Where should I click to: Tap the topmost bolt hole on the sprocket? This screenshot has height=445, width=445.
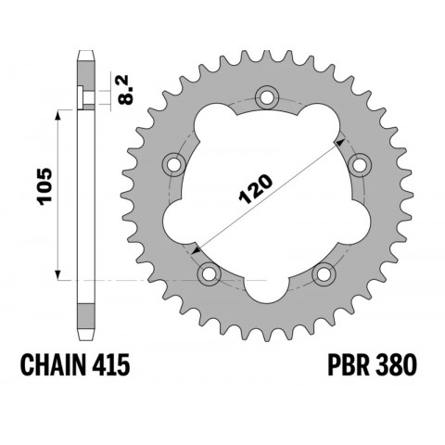tap(267, 96)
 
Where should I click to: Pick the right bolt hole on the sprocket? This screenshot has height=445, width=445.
tap(361, 165)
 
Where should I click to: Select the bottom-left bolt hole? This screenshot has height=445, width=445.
tap(209, 273)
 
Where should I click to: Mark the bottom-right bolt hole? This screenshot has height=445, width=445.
tap(324, 273)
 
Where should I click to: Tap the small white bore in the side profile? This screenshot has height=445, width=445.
tap(84, 96)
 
